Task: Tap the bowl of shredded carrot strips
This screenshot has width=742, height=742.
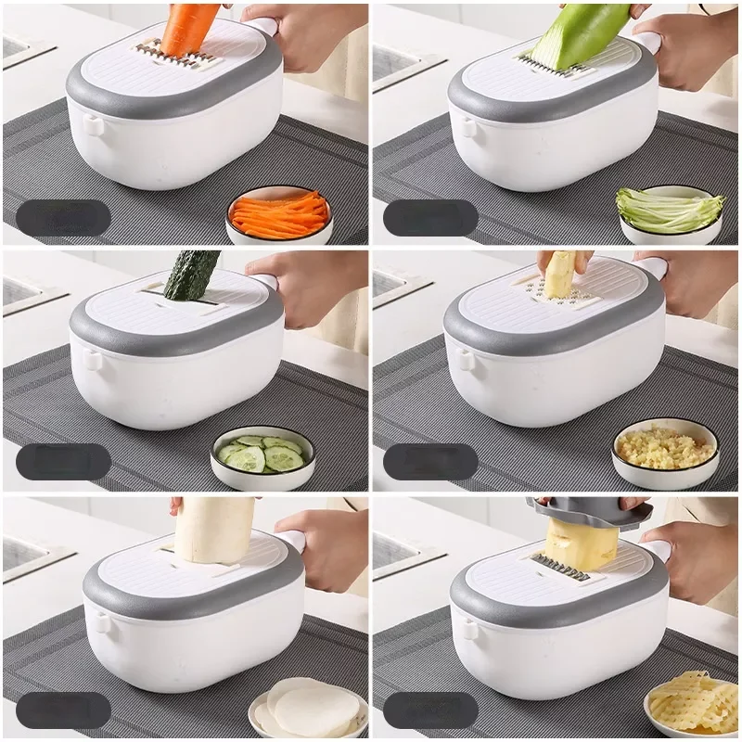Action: click(x=278, y=215)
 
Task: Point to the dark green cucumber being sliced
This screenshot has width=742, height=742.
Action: click(x=192, y=275)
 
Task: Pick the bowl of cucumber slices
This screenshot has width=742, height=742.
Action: click(x=262, y=455)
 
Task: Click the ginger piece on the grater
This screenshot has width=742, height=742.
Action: click(x=559, y=275)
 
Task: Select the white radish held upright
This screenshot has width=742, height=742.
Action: click(x=214, y=530)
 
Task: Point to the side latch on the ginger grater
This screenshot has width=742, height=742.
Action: click(x=459, y=357)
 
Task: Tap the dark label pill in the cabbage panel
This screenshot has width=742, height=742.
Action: click(x=430, y=218)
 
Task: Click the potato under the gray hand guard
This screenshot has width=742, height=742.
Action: click(x=581, y=544)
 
